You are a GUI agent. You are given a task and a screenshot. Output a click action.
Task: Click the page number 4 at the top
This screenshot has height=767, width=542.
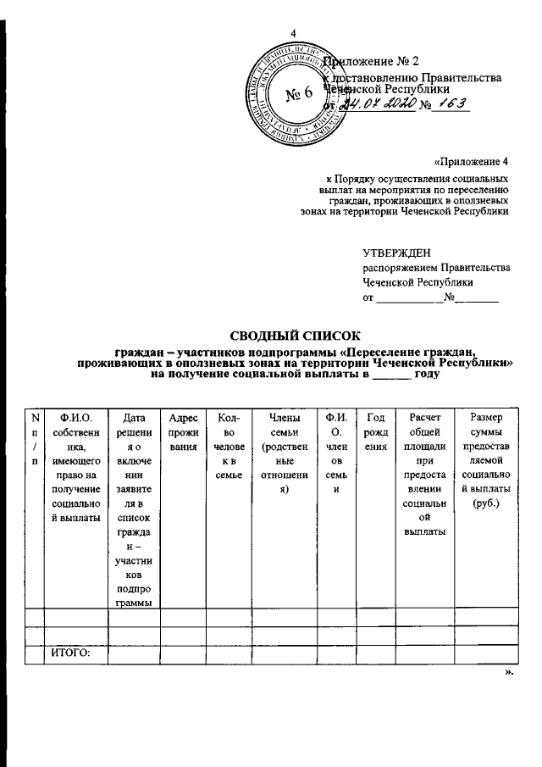pos(293,33)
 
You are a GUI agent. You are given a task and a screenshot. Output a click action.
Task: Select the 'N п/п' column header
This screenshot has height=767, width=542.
pos(34,438)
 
